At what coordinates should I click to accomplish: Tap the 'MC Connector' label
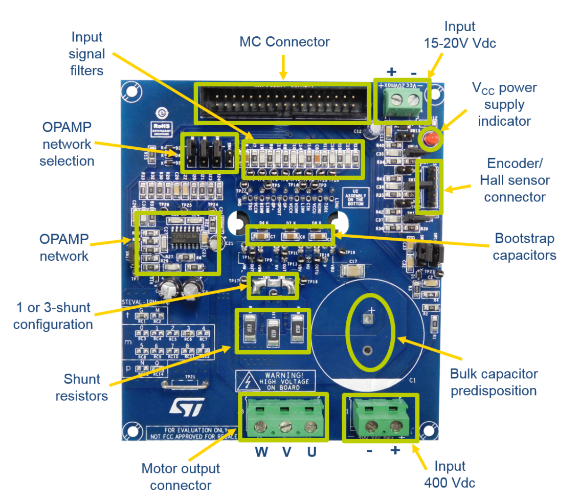[284, 42]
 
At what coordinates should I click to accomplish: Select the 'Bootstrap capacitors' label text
[524, 246]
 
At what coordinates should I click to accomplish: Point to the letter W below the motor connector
[261, 452]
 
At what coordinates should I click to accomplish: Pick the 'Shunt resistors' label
[82, 387]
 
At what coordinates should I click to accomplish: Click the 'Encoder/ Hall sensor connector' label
[515, 180]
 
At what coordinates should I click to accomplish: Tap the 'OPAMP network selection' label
[67, 144]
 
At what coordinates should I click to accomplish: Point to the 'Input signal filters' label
[87, 53]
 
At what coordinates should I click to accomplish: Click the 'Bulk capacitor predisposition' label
[494, 382]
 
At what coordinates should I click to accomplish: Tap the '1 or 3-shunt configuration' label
[53, 315]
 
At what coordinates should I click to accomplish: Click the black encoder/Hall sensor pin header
[430, 187]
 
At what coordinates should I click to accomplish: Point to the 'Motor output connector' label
[181, 476]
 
